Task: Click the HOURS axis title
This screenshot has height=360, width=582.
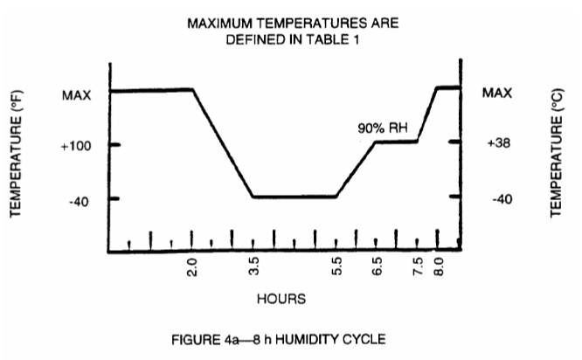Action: click(x=281, y=299)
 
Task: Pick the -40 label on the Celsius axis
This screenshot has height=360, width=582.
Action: click(x=501, y=199)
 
